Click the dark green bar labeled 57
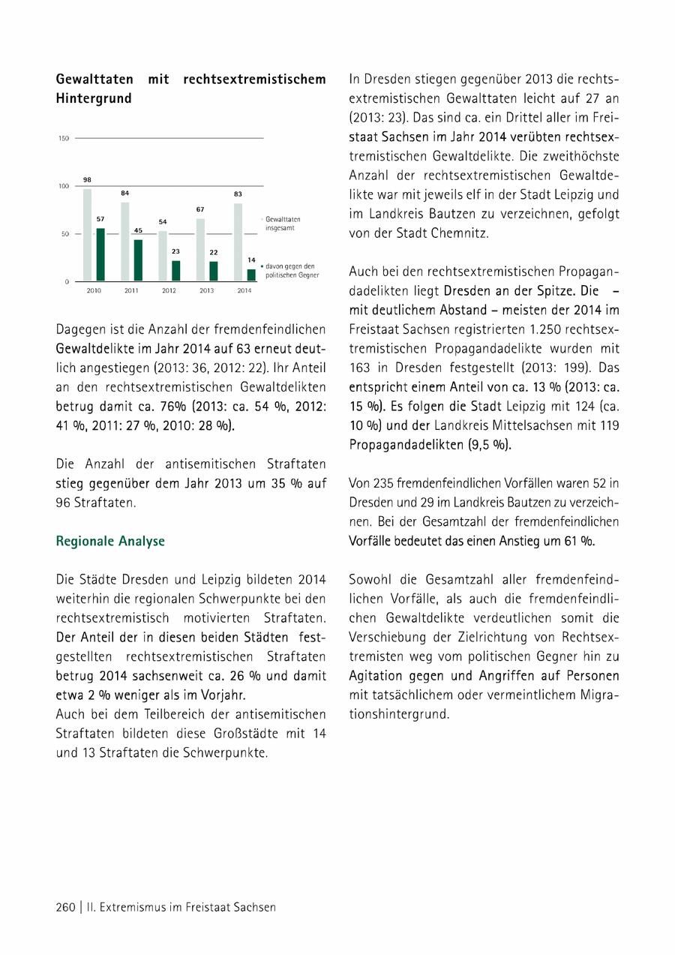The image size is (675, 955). tap(100, 255)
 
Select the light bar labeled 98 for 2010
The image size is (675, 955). tap(88, 235)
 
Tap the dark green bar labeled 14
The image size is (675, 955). tap(251, 275)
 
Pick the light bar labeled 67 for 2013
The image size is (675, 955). tap(200, 250)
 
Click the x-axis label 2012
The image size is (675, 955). tap(169, 290)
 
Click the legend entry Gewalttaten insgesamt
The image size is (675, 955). tap(283, 222)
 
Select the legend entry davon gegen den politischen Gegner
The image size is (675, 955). tap(292, 271)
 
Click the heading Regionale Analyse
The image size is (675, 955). tap(110, 541)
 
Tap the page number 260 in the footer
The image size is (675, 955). tap(66, 907)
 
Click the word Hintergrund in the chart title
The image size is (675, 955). tap(94, 98)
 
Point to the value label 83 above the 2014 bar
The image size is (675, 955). tap(238, 194)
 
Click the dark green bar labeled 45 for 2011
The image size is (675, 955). tap(138, 260)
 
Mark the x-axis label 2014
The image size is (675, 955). tap(244, 290)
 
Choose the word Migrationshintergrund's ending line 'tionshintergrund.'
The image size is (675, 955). tap(399, 715)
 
